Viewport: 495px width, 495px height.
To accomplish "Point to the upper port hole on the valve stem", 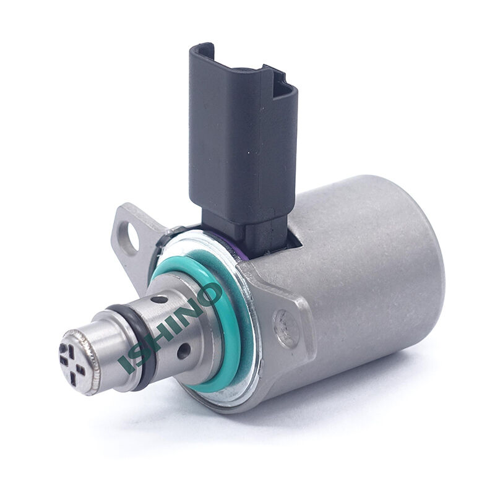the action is click(160, 299).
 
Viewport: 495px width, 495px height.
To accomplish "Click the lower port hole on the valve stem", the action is click(184, 351).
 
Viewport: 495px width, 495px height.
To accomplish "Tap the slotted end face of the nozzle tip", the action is click(72, 363).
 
